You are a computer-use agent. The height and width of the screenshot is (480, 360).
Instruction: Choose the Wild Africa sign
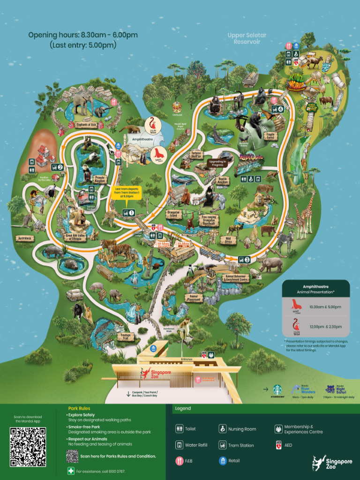[228, 240]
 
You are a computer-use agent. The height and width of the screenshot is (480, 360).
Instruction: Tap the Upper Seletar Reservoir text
[247, 38]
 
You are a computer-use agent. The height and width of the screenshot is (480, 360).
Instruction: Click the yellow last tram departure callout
[128, 193]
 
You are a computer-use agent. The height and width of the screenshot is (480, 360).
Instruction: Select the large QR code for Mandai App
[28, 446]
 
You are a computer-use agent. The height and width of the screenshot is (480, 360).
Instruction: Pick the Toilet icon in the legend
[180, 429]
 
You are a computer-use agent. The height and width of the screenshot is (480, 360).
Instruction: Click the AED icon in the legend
[278, 445]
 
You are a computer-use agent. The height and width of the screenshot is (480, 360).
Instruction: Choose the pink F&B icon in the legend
[180, 461]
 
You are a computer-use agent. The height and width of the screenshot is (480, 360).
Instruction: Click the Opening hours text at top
[82, 35]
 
